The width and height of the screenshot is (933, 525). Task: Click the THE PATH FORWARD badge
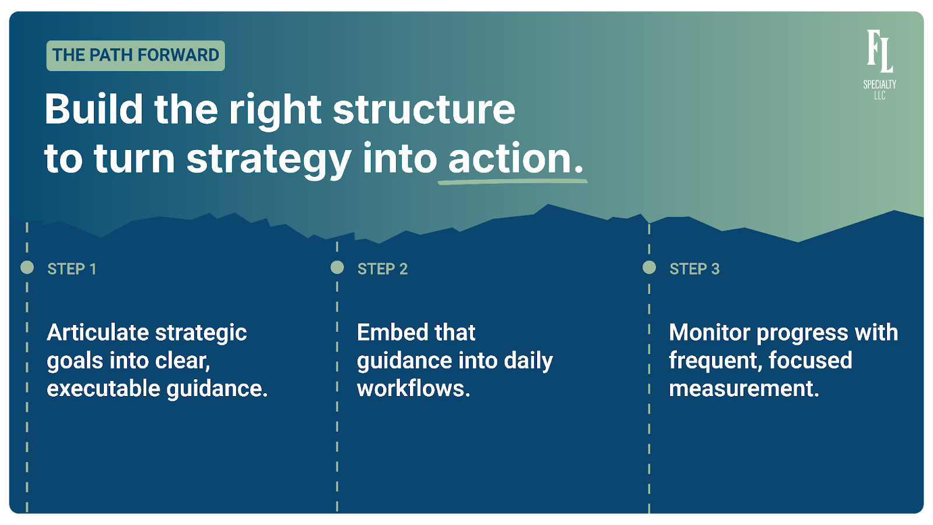(135, 55)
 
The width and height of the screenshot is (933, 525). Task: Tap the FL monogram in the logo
(879, 51)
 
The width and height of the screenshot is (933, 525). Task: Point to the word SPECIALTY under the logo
(879, 85)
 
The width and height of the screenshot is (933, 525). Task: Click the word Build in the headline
(94, 109)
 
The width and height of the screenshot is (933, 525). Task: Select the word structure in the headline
(424, 109)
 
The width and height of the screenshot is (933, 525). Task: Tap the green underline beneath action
(513, 181)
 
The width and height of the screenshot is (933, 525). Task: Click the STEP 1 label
(72, 269)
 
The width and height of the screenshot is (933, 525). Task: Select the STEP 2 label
(383, 269)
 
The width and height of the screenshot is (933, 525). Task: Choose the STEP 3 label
(695, 269)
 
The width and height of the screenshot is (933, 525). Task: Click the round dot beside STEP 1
(27, 268)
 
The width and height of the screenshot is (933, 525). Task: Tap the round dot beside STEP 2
(337, 268)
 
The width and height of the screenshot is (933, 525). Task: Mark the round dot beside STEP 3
(649, 268)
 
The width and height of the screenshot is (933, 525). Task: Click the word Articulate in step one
(98, 332)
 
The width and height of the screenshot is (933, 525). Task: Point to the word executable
(103, 388)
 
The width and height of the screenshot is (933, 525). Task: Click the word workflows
(413, 388)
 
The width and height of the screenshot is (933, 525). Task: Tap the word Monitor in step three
(710, 332)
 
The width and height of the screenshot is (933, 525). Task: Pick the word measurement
(744, 388)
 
